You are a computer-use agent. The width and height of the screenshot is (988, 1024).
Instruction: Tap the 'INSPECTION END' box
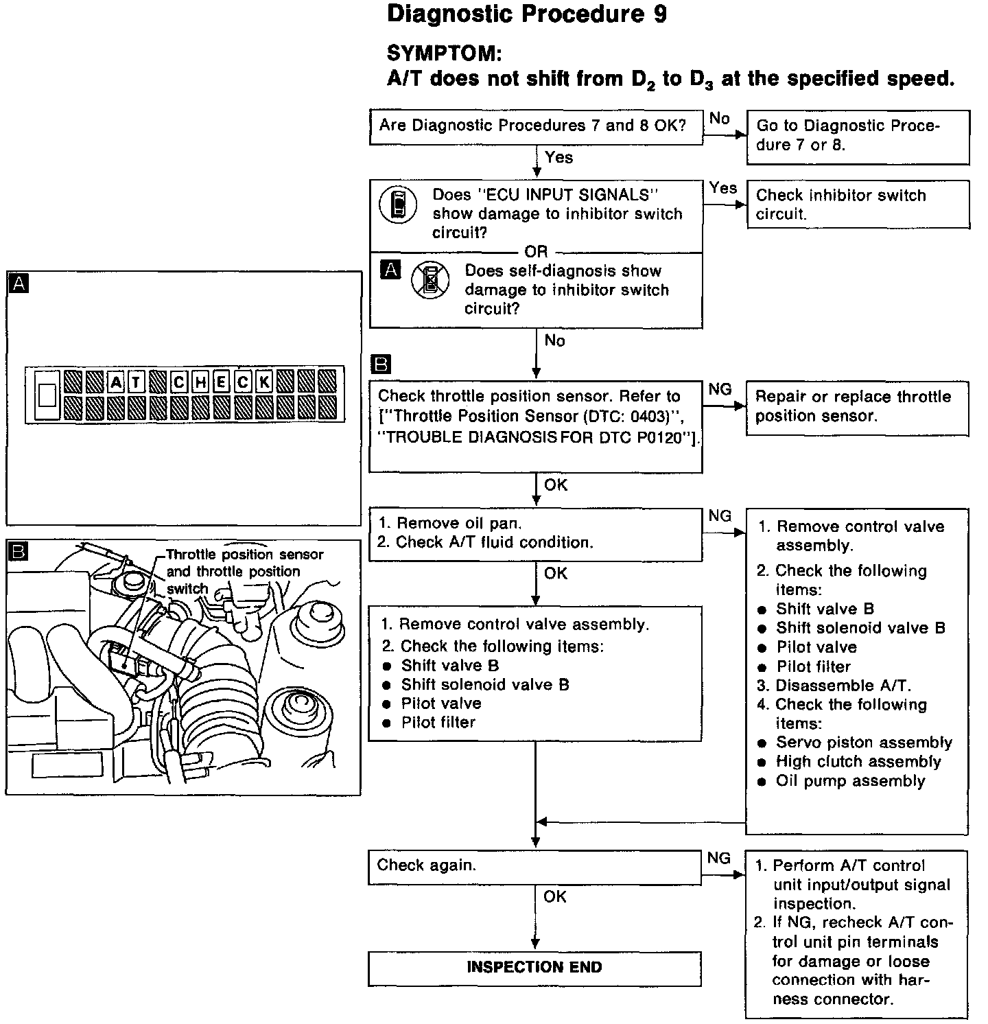point(534,968)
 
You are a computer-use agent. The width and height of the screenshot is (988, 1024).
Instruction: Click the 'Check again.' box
point(534,867)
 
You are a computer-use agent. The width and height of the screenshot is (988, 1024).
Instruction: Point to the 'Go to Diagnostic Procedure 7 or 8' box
point(857,136)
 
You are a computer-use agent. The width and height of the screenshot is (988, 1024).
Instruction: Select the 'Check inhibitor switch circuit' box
point(857,204)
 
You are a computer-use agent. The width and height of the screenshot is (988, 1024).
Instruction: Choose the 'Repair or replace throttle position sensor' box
point(857,407)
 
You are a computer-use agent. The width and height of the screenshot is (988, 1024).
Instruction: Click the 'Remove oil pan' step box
point(534,533)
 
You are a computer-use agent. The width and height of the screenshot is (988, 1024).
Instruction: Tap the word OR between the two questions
point(536,252)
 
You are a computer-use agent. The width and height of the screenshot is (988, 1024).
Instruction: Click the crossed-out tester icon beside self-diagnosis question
point(430,281)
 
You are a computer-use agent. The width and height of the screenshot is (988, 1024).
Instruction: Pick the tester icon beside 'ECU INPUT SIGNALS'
point(398,205)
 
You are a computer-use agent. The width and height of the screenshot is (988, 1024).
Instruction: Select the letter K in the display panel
point(264,382)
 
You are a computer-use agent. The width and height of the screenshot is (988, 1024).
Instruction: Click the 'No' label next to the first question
point(719,118)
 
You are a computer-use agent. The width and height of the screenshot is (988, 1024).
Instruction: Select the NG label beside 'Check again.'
point(719,858)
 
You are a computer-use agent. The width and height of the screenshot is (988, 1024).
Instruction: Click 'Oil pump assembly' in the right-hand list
point(850,781)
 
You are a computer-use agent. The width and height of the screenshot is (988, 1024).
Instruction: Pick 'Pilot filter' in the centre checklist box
point(438,722)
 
